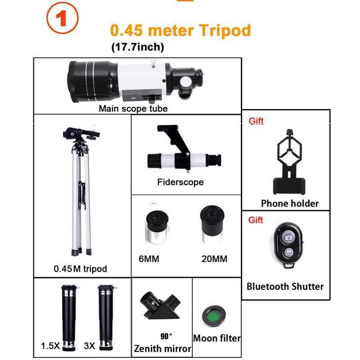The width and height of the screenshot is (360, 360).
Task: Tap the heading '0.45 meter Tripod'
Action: tap(180, 30)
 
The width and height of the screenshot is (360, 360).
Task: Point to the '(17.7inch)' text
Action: tap(138, 46)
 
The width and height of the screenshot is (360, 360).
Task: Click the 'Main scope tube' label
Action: tap(133, 108)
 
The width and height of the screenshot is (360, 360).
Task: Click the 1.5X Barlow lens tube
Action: tap(71, 315)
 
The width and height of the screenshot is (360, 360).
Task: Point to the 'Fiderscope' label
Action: tap(180, 182)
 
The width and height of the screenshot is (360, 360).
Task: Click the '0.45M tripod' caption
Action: tap(81, 269)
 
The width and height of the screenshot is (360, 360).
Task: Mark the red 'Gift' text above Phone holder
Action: tap(256, 121)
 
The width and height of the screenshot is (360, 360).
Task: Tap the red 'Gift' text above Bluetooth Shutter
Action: tap(256, 220)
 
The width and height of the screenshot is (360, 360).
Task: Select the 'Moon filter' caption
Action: tap(216, 338)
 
